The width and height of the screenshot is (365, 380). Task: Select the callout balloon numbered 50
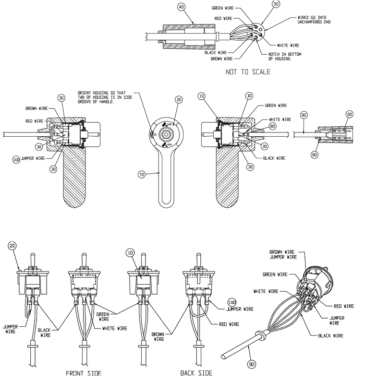(x=275, y=4)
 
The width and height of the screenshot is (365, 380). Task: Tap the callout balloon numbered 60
(x=349, y=114)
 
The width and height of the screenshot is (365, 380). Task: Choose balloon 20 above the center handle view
(x=179, y=99)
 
